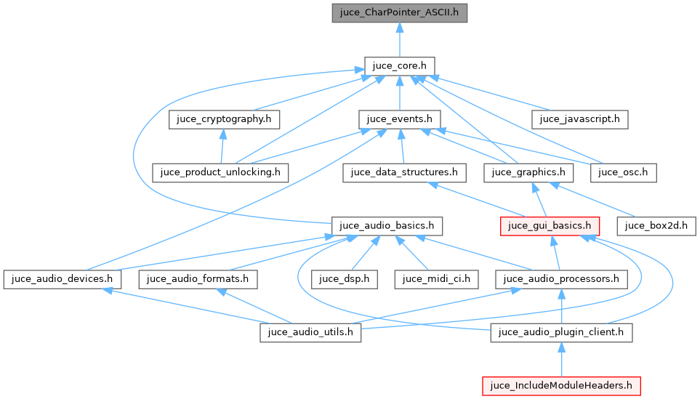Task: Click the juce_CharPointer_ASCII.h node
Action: [399, 12]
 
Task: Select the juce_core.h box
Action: [399, 66]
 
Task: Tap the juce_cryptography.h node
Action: [225, 118]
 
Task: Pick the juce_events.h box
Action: [399, 118]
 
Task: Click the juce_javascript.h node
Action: [579, 118]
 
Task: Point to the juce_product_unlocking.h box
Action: [220, 172]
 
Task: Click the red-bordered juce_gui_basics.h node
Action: [549, 225]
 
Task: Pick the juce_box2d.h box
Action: [656, 225]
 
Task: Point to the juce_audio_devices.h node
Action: [62, 278]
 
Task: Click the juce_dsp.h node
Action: [344, 278]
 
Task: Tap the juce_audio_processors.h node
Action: [561, 278]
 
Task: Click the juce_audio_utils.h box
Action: [310, 332]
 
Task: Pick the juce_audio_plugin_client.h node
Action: [561, 332]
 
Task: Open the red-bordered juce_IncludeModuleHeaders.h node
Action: [561, 385]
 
